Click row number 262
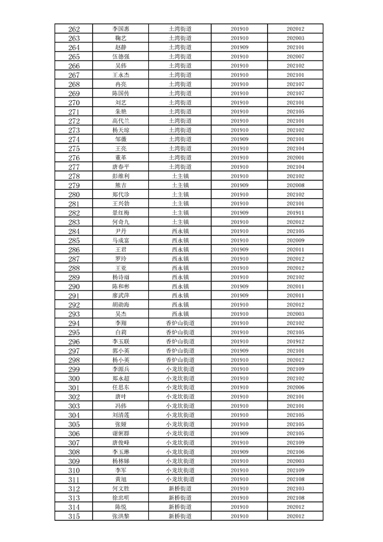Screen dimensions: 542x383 pos(74,29)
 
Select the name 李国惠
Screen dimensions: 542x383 pos(121,29)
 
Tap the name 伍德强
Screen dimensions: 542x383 pos(121,57)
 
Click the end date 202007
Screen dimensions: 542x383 pos(295,57)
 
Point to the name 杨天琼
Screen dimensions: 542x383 pos(121,130)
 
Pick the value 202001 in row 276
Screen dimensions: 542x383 pos(295,157)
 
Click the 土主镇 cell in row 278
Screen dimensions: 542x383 pos(180,176)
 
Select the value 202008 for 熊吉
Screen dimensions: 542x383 pos(295,185)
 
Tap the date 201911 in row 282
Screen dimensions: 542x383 pos(295,213)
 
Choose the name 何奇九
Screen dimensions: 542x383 pos(121,222)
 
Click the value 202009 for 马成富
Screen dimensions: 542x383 pos(295,240)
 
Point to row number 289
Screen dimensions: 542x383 pos(74,277)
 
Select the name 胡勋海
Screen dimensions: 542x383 pos(121,305)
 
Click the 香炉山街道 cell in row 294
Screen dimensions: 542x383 pos(180,323)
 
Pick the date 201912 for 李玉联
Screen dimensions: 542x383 pos(295,342)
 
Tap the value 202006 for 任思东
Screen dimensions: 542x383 pos(295,387)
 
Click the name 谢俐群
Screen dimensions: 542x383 pos(121,433)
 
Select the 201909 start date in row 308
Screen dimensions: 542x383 pos(240,452)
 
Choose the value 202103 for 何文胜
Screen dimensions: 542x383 pos(295,488)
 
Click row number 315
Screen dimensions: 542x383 pos(74,516)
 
